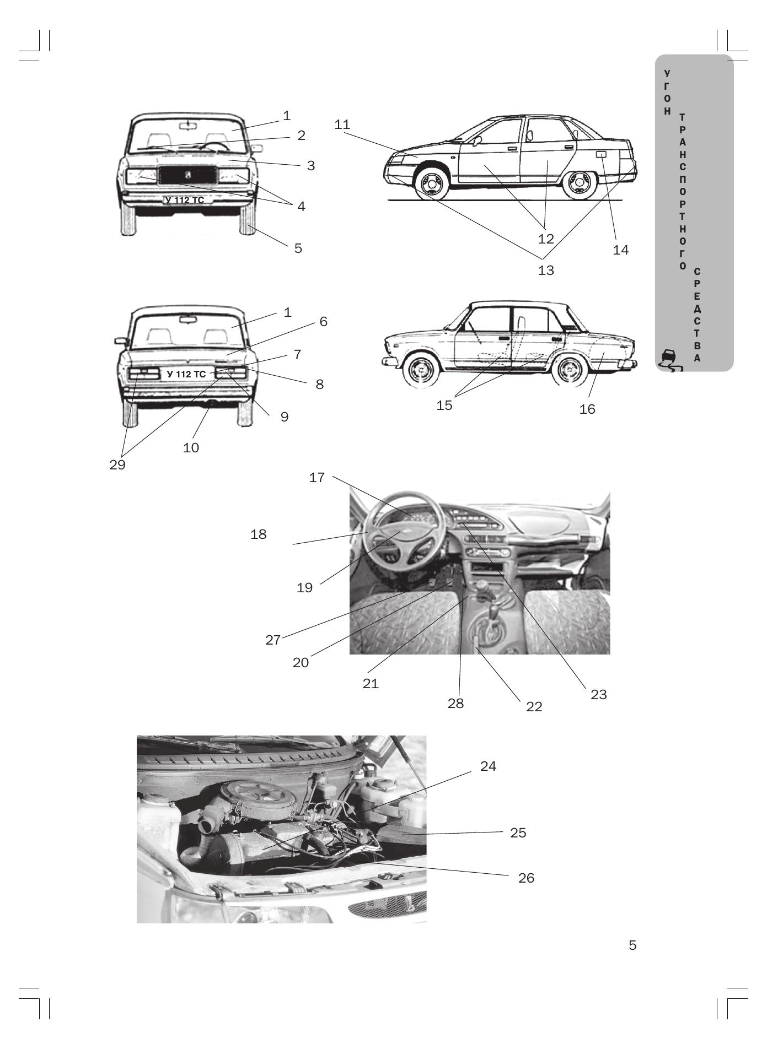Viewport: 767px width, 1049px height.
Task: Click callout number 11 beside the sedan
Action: [342, 125]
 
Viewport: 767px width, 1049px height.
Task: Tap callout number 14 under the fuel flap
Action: [620, 250]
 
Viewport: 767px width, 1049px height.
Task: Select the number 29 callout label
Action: [117, 465]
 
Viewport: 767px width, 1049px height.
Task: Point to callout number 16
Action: [587, 409]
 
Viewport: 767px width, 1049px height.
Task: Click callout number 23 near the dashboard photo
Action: [598, 695]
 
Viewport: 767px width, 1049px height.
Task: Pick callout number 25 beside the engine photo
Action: [518, 832]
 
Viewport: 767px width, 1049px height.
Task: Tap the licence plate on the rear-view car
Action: [186, 375]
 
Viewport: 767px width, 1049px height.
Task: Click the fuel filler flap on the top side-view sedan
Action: [602, 155]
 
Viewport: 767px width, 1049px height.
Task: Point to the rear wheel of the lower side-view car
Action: [571, 371]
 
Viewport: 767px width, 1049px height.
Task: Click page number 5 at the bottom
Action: [632, 946]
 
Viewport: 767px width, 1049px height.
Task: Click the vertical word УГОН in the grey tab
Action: [668, 92]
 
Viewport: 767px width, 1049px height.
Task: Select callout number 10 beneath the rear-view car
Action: [191, 448]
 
